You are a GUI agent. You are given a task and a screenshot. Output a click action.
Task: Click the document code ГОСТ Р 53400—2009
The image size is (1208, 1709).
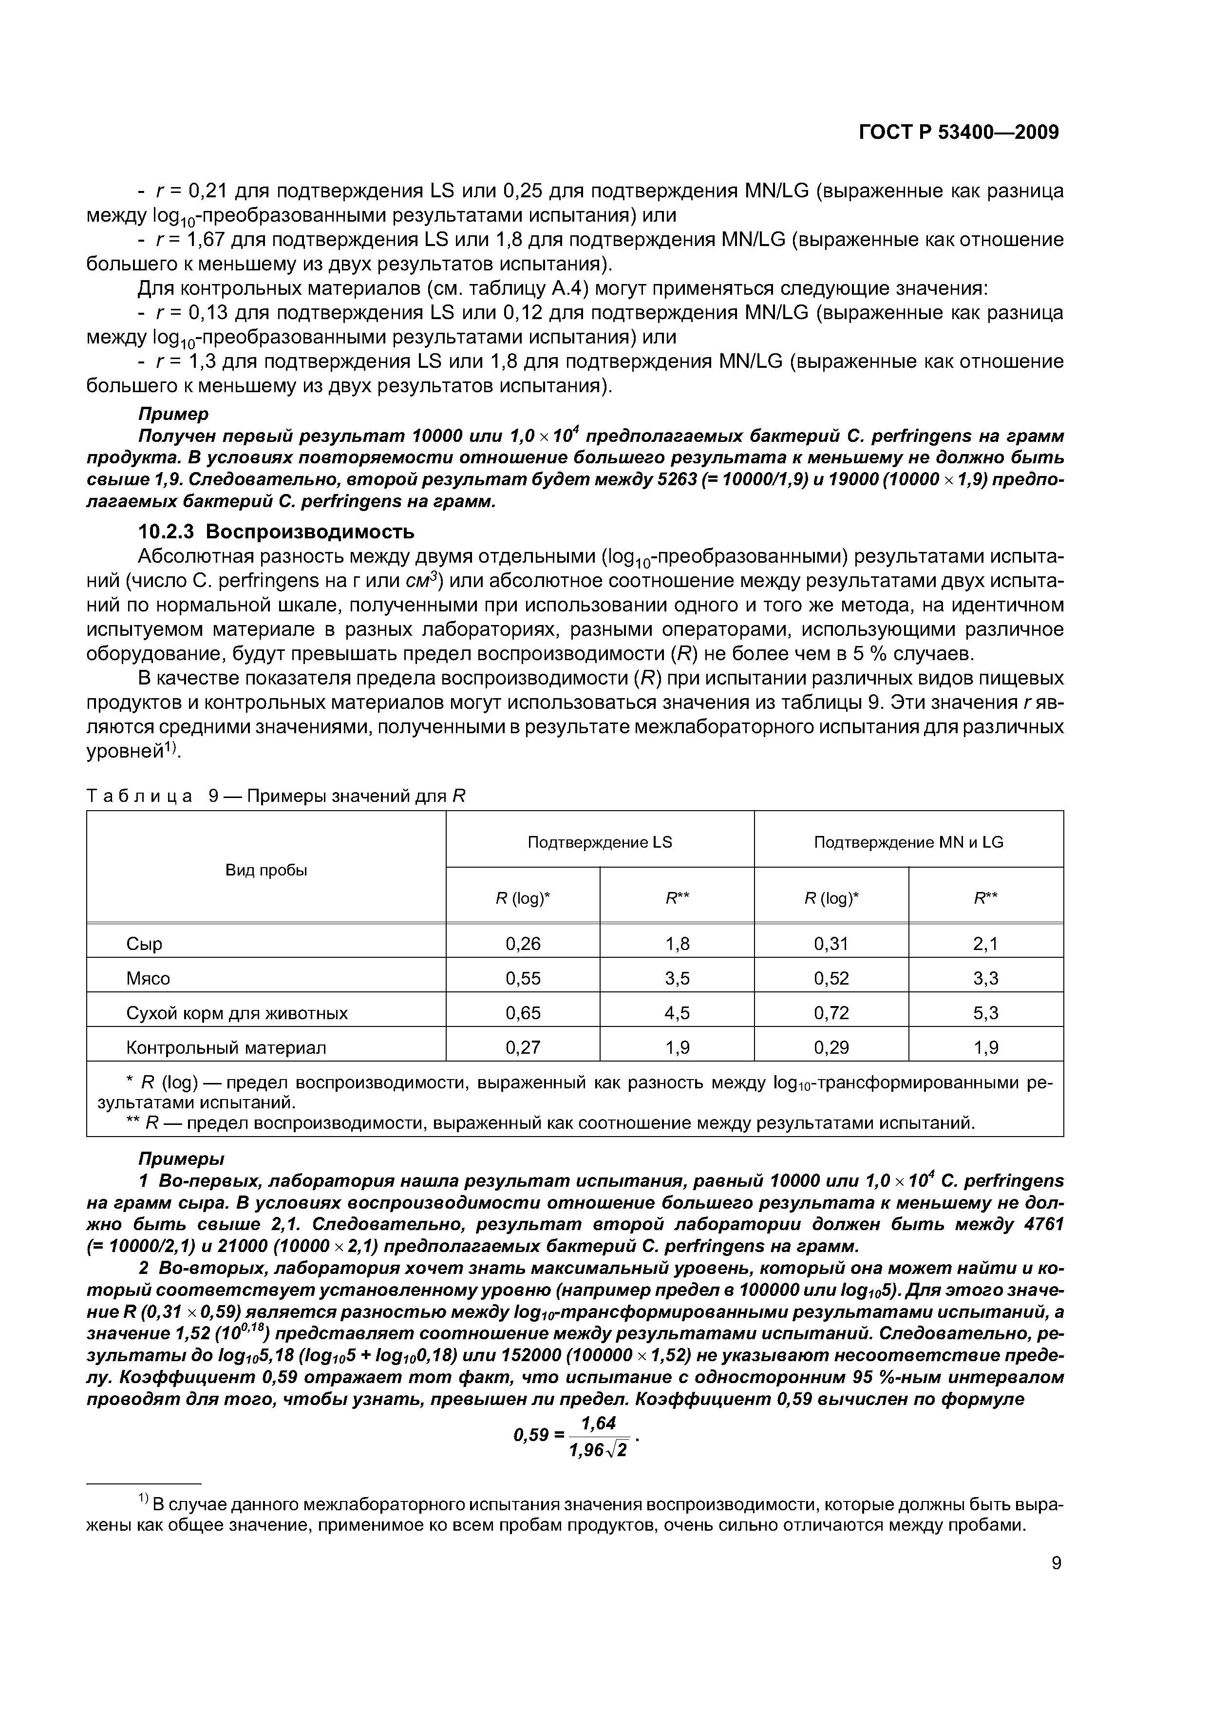tap(958, 133)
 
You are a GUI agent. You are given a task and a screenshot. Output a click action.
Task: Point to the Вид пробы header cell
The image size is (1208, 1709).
tap(266, 870)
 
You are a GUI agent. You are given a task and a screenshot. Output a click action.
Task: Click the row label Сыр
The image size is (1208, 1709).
tap(144, 944)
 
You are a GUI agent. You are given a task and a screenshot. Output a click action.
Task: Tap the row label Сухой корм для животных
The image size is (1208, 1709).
tap(237, 1013)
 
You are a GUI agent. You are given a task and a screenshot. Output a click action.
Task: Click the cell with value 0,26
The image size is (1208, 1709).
tap(523, 944)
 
